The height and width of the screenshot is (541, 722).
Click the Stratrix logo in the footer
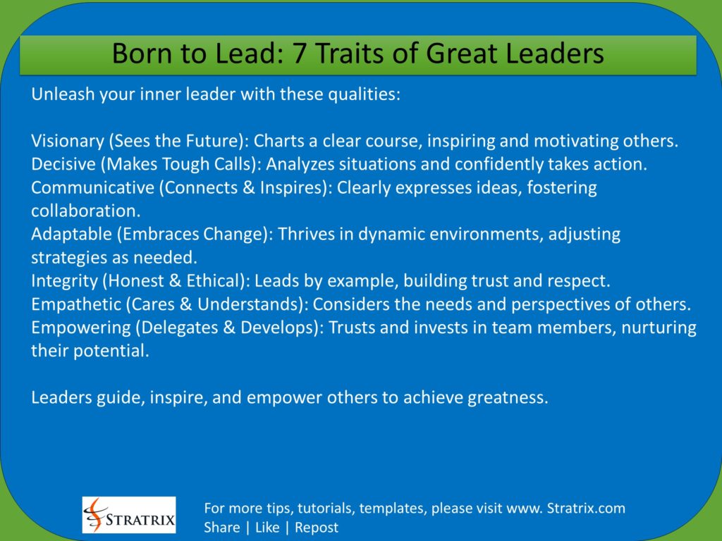(129, 515)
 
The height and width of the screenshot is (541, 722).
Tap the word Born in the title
(139, 54)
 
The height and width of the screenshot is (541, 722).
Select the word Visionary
(67, 141)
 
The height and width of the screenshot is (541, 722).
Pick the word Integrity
(61, 280)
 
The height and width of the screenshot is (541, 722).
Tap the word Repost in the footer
(317, 528)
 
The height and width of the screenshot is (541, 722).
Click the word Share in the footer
(221, 528)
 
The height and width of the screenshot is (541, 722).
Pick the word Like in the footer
(267, 528)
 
